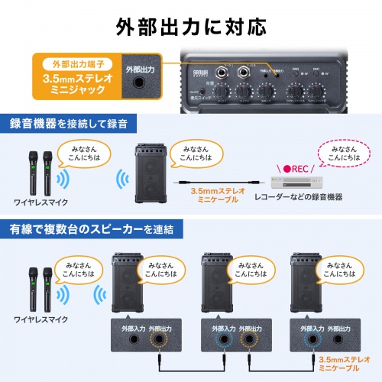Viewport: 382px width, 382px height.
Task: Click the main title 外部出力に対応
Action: (191, 26)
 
